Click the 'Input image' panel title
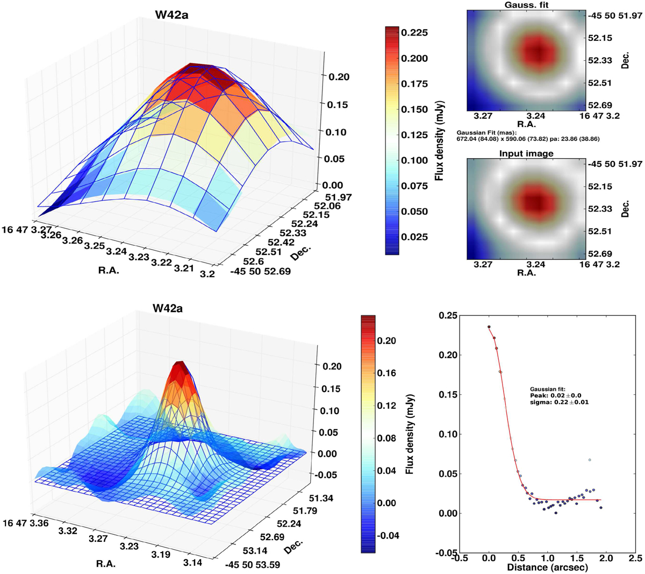pos(526,153)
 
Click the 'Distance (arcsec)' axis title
pos(547,567)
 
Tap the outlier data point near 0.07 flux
pos(590,460)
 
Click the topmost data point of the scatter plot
pos(489,327)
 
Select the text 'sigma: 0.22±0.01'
pos(559,402)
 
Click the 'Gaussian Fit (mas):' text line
pos(485,132)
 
